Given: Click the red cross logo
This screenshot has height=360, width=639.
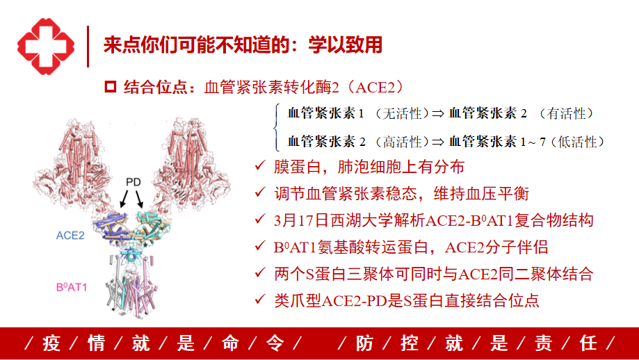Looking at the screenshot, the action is pyautogui.click(x=46, y=47).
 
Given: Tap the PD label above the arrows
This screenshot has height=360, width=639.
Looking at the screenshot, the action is pyautogui.click(x=134, y=182).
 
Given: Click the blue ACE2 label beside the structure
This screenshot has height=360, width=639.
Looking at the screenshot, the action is pyautogui.click(x=70, y=236).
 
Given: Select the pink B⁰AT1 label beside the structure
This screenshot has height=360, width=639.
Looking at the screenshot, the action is pyautogui.click(x=72, y=287).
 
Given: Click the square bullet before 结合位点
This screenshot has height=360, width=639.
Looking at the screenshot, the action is pyautogui.click(x=111, y=87).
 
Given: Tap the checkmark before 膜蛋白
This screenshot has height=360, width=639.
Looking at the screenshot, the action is pyautogui.click(x=260, y=165).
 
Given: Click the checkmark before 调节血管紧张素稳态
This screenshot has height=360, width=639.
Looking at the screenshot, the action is pyautogui.click(x=260, y=193).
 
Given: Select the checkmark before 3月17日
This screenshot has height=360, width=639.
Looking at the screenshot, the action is pyautogui.click(x=260, y=219).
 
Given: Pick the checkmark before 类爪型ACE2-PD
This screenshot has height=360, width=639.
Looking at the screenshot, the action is pyautogui.click(x=260, y=300).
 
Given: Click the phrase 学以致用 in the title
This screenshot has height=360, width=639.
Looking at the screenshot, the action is pyautogui.click(x=346, y=44).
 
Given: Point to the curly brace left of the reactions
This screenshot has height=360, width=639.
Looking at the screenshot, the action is pyautogui.click(x=277, y=127).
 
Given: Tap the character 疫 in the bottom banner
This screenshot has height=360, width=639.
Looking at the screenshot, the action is pyautogui.click(x=51, y=343).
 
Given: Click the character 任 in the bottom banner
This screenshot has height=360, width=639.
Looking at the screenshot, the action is pyautogui.click(x=588, y=343).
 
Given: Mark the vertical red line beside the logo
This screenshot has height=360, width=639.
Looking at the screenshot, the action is pyautogui.click(x=88, y=47).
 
